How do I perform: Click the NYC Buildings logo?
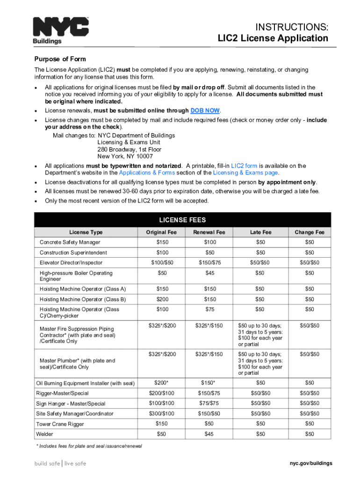[x=60, y=31]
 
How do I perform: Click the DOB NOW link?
[x=205, y=111]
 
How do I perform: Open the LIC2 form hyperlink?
[x=244, y=166]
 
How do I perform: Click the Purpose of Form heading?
[x=60, y=59]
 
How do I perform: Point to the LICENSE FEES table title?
[x=182, y=220]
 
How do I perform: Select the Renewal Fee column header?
[x=206, y=232]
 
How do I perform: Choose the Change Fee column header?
[x=309, y=232]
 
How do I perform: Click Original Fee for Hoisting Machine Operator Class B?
[x=162, y=299]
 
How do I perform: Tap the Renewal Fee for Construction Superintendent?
[x=206, y=253]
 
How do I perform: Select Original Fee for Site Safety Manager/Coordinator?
[x=162, y=414]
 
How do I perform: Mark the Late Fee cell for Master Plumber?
[x=260, y=363]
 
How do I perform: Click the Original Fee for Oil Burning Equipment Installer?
[x=162, y=383]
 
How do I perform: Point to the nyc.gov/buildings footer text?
[x=310, y=464]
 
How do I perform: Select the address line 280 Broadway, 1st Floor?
[x=129, y=150]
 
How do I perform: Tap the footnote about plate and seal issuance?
[x=89, y=446]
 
